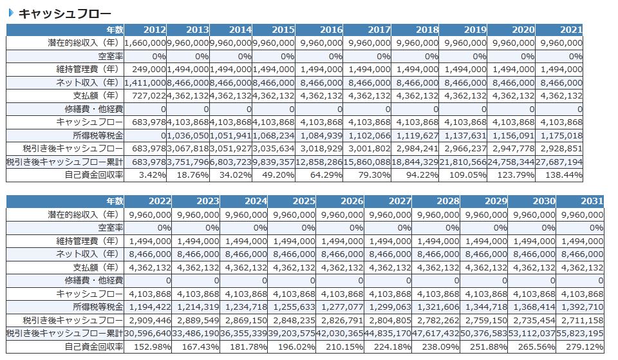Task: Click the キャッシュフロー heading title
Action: pyautogui.click(x=64, y=13)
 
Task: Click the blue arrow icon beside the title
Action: pyautogui.click(x=11, y=13)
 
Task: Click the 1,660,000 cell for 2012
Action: pyautogui.click(x=145, y=43)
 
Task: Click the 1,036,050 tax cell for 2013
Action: pyautogui.click(x=188, y=135)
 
